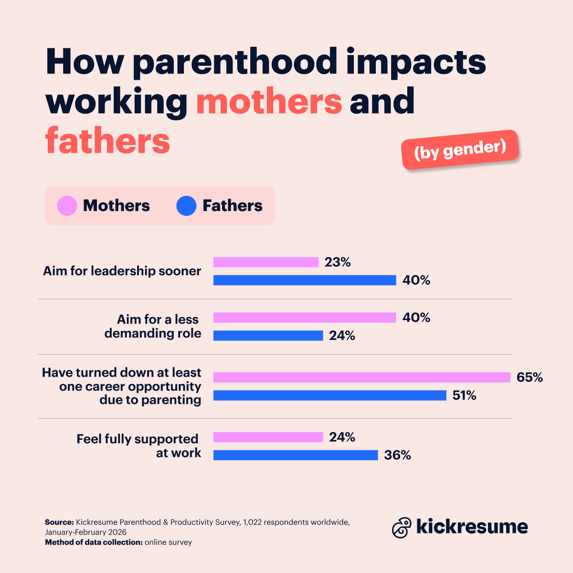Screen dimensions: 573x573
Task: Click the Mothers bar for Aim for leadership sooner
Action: (x=265, y=262)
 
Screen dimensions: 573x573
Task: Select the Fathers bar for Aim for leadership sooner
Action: (x=305, y=280)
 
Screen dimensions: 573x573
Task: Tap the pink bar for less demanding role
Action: (x=305, y=318)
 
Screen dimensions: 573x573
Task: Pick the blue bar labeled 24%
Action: (x=268, y=336)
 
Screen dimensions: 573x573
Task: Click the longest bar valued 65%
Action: (x=361, y=377)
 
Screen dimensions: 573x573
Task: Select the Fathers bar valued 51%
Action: (x=329, y=395)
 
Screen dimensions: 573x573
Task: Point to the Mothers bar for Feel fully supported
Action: (x=268, y=437)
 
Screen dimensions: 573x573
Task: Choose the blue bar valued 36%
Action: (x=295, y=455)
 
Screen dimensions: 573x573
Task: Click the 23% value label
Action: (x=338, y=262)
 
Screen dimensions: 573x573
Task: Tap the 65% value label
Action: (x=530, y=377)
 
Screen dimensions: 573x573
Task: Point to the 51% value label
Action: (x=464, y=395)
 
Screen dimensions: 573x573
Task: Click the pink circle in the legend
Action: (x=67, y=206)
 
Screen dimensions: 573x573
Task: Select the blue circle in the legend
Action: (x=186, y=206)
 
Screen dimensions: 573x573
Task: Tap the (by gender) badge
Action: (x=460, y=149)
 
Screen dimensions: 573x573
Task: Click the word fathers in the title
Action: (x=108, y=140)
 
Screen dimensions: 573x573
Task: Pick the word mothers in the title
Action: (x=269, y=101)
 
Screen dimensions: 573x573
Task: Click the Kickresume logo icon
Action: (x=401, y=528)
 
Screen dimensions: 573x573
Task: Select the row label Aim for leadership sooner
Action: (x=122, y=271)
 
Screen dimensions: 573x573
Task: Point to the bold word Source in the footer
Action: (x=59, y=522)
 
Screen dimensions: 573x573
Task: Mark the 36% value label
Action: (x=397, y=455)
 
